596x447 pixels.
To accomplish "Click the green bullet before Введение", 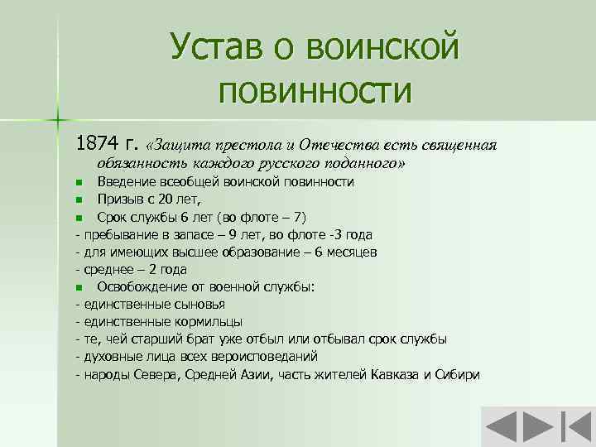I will pyautogui.click(x=79, y=182).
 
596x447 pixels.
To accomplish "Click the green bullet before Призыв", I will pyautogui.click(x=79, y=199).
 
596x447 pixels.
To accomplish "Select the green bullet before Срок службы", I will pyautogui.click(x=79, y=218).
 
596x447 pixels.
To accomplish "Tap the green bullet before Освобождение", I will pyautogui.click(x=79, y=287).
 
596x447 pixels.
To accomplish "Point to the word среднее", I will pyautogui.click(x=108, y=269).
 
